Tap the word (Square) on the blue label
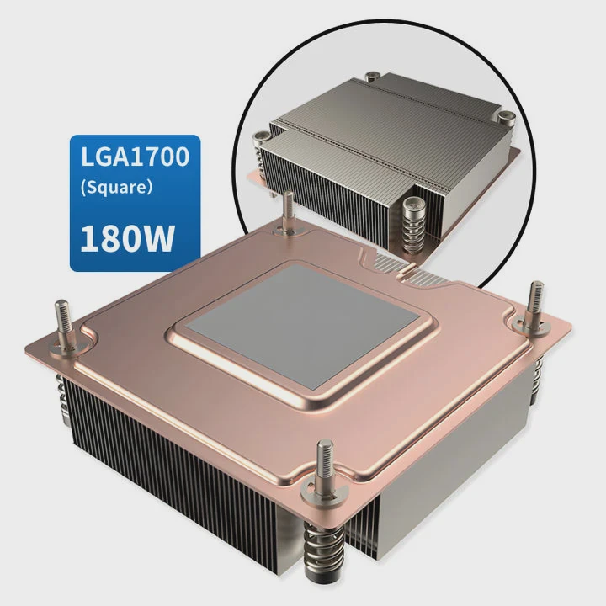coord(116,188)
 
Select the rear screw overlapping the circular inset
coord(288,214)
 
